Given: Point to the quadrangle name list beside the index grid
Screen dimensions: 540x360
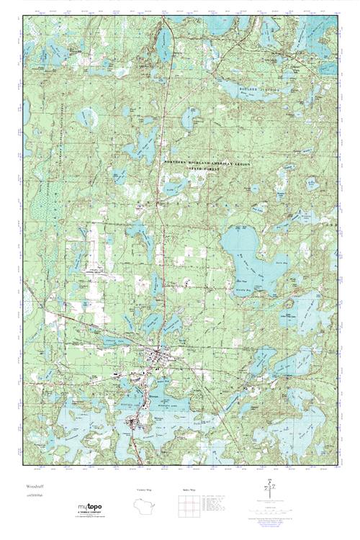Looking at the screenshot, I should (x=219, y=507).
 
